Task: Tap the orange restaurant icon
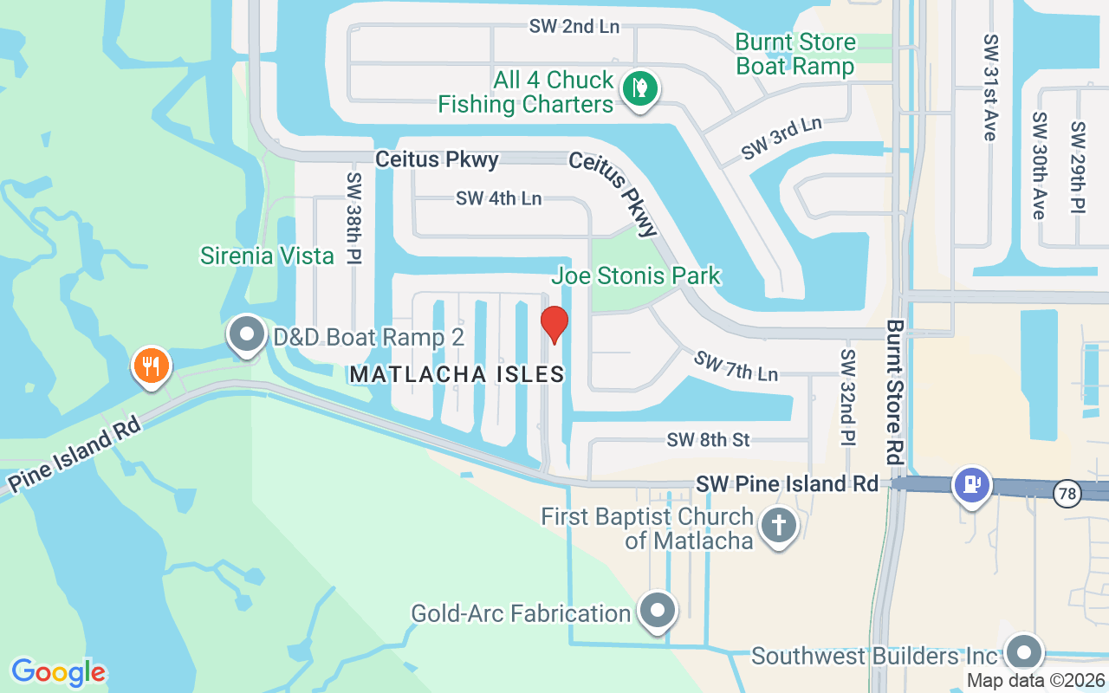pyautogui.click(x=152, y=365)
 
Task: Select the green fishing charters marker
pyautogui.click(x=640, y=88)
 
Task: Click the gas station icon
pyautogui.click(x=971, y=483)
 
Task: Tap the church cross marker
pyautogui.click(x=778, y=526)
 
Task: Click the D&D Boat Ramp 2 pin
pyautogui.click(x=247, y=334)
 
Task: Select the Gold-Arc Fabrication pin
pyautogui.click(x=658, y=611)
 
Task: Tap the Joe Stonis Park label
pyautogui.click(x=637, y=276)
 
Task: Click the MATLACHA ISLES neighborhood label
pyautogui.click(x=457, y=374)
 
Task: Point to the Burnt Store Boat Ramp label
pyautogui.click(x=795, y=54)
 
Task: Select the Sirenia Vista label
pyautogui.click(x=267, y=256)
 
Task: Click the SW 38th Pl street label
pyautogui.click(x=353, y=217)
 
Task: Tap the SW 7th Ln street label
pyautogui.click(x=736, y=365)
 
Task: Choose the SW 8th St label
pyautogui.click(x=708, y=440)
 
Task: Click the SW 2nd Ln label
pyautogui.click(x=574, y=26)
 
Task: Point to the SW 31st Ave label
pyautogui.click(x=989, y=87)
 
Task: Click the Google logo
pyautogui.click(x=58, y=671)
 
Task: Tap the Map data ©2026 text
pyautogui.click(x=1035, y=681)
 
